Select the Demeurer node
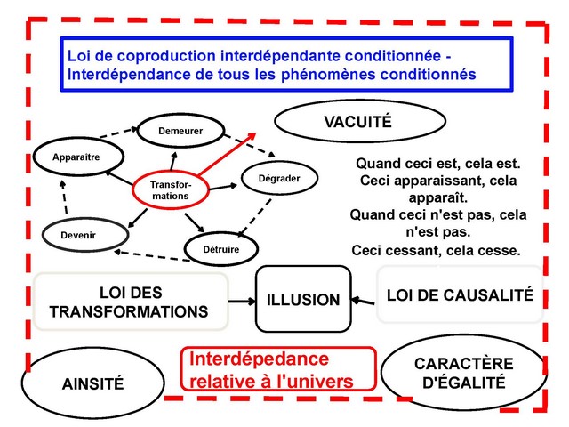180,132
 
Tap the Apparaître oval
76,157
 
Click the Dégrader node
278,179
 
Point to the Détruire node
223,249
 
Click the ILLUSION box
303,300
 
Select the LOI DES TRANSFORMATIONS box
129,302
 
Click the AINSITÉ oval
93,383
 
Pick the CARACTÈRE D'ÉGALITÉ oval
463,374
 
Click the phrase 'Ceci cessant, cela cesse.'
436,251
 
